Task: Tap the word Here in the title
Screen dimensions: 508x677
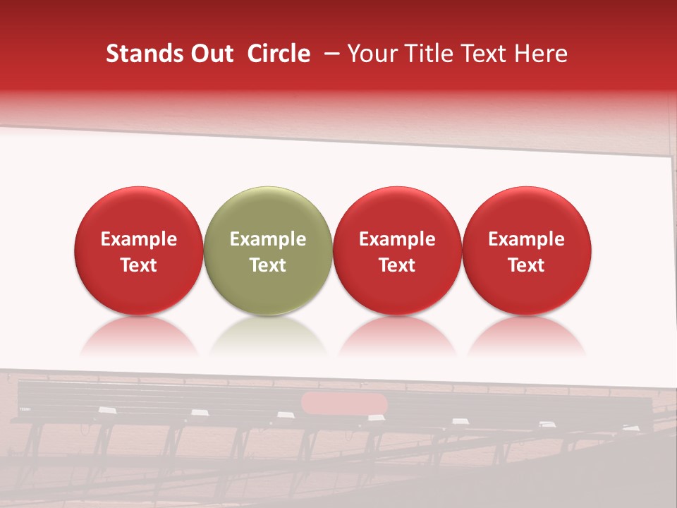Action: (542, 54)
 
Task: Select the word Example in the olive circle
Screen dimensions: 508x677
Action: (268, 239)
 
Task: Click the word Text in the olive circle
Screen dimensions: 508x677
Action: (268, 265)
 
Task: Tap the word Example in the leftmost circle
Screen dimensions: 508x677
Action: (139, 239)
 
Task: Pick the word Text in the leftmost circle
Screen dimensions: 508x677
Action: (139, 265)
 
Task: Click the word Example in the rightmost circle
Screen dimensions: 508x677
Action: (527, 239)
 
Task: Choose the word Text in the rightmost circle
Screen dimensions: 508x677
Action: (527, 265)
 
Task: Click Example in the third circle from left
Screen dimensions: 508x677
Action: (397, 239)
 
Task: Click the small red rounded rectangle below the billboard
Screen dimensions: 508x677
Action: (344, 404)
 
